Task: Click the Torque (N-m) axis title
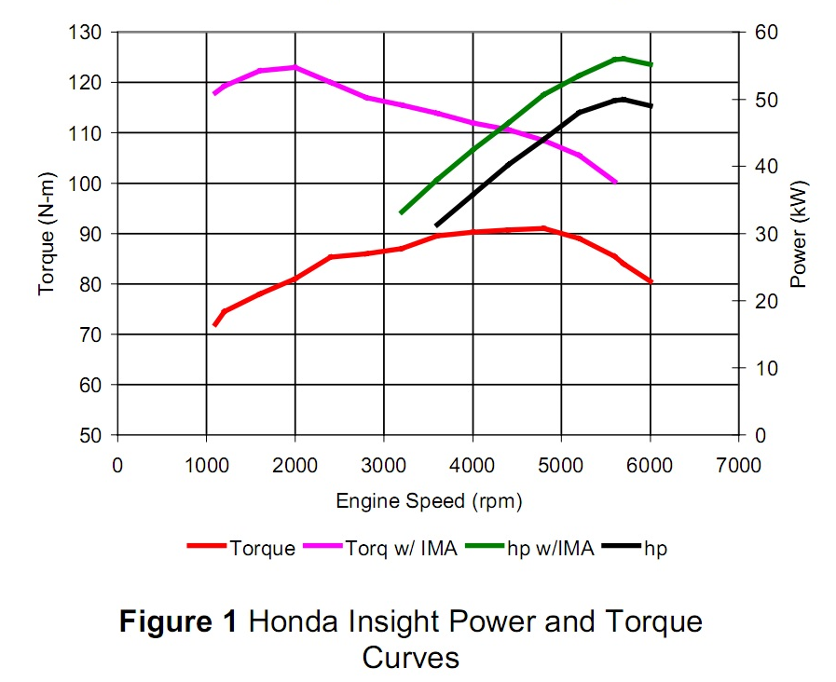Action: coord(47,233)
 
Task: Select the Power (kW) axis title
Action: coord(799,233)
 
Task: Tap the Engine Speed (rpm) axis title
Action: coord(429,501)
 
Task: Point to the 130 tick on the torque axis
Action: coord(90,33)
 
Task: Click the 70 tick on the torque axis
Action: coord(95,334)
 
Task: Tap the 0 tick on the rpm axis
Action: coord(116,464)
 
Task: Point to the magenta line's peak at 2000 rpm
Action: coord(295,67)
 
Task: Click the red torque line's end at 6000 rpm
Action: coord(651,281)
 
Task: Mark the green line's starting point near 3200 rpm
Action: coord(402,213)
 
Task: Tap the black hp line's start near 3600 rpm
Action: coord(436,225)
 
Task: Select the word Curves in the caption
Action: coord(410,657)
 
